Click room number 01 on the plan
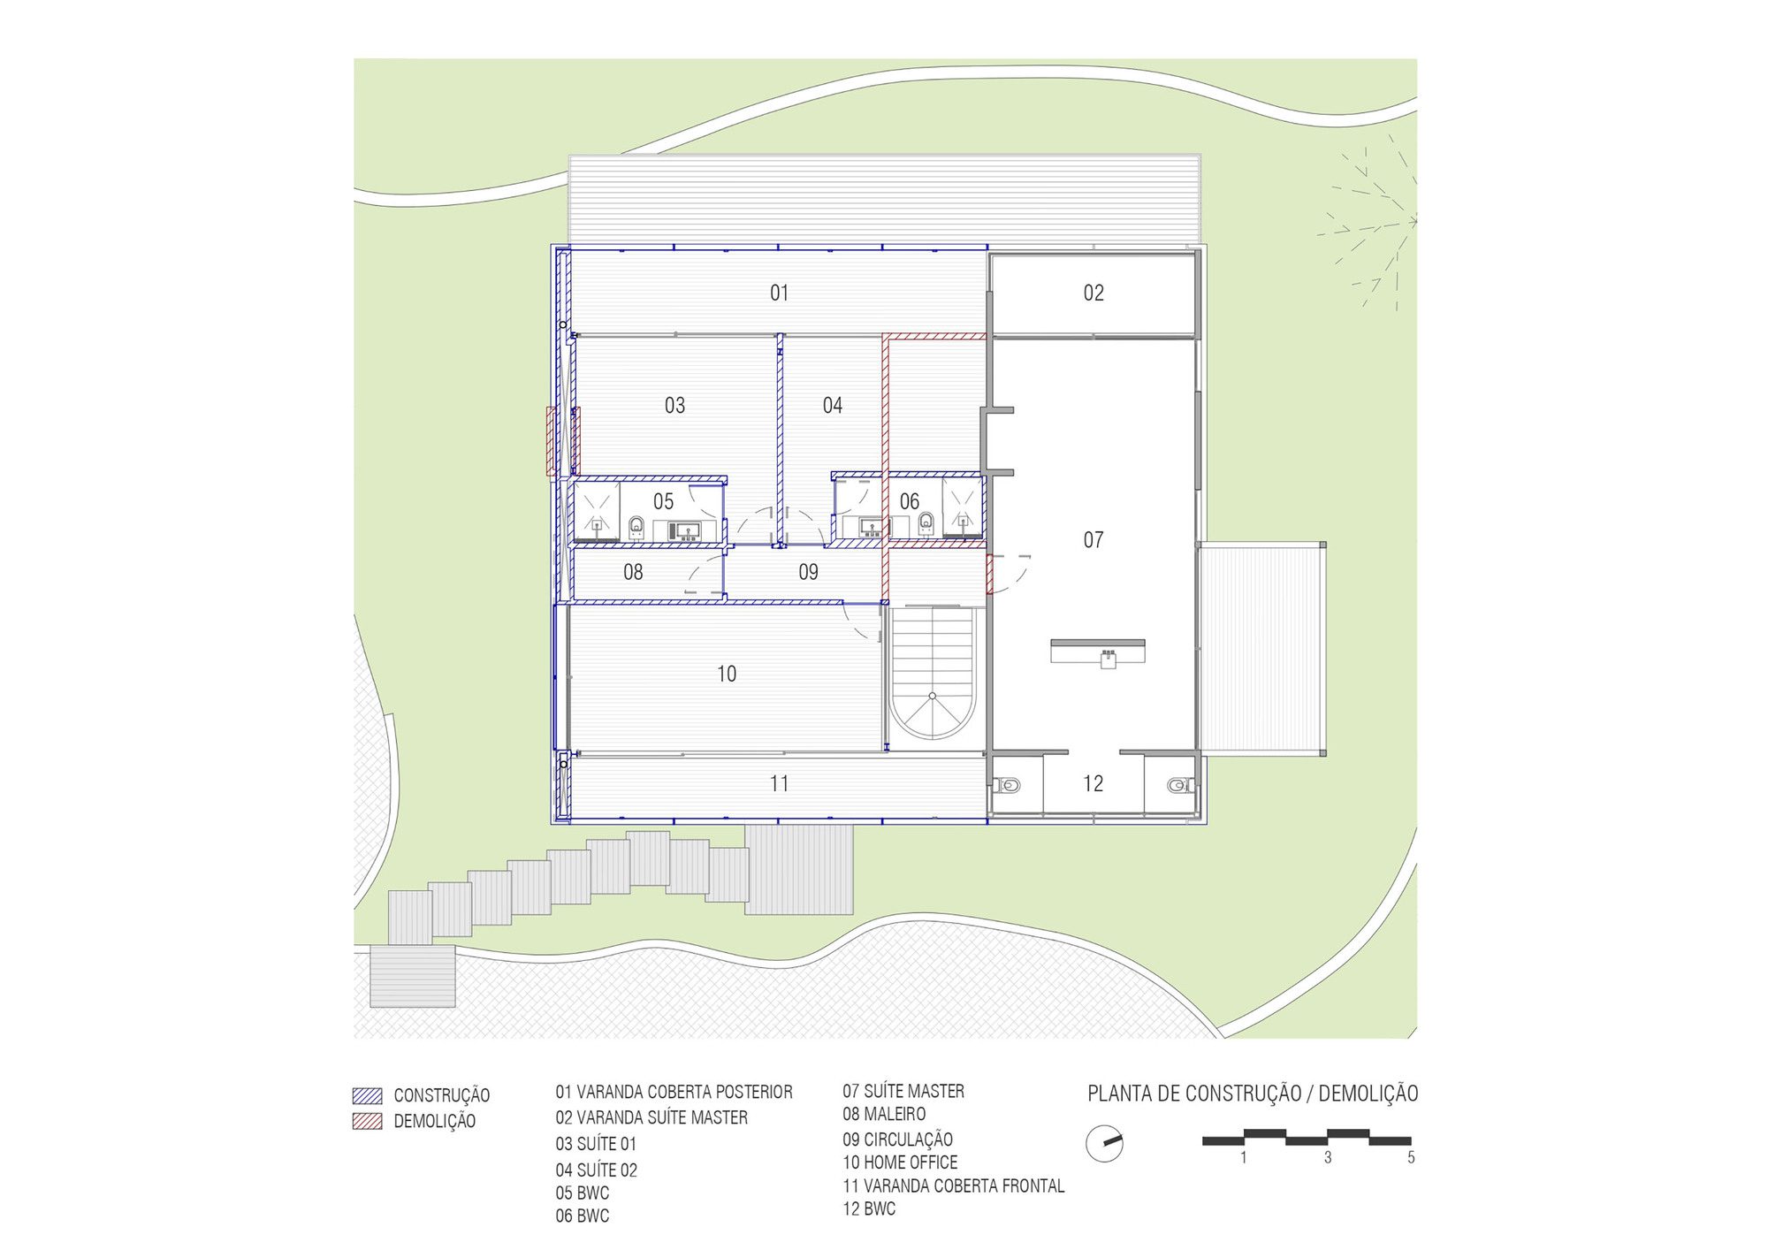pos(779,293)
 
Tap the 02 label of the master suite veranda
pos(1094,293)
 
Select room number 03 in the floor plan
pos(674,406)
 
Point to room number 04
pos(833,406)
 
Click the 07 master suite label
pos(1094,539)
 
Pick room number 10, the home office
pos(726,674)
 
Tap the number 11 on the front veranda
pos(779,783)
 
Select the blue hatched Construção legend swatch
pos(367,1095)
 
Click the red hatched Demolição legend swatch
pos(367,1121)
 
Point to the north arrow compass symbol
pos(1104,1144)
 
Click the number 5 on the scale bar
pos(1411,1157)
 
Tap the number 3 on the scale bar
pos(1328,1157)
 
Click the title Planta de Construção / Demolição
pos(1253,1094)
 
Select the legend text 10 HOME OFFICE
pos(900,1162)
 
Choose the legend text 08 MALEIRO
pos(884,1114)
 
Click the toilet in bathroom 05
pos(636,528)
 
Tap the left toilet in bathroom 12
pos(1007,785)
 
